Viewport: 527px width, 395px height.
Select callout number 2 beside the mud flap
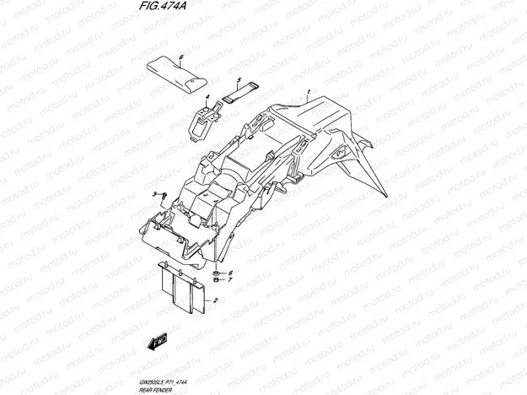click(x=216, y=300)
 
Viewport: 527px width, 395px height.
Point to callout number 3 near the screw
click(x=154, y=194)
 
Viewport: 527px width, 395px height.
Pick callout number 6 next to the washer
click(x=229, y=273)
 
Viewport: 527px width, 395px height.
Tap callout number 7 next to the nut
click(x=229, y=280)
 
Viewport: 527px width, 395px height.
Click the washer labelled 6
click(x=218, y=273)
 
